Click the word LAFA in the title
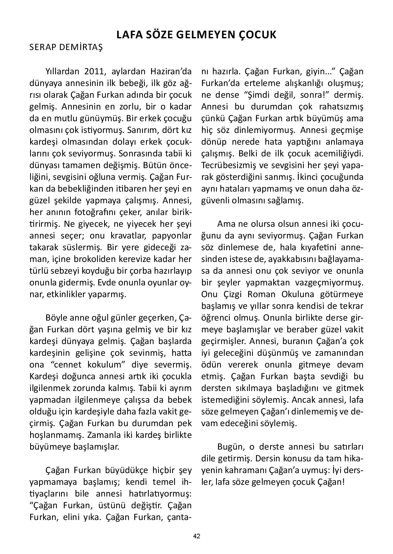(x=128, y=35)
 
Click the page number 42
(x=196, y=536)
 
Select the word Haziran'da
(x=171, y=72)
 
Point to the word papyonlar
(x=175, y=236)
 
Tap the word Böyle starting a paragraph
(x=58, y=318)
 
